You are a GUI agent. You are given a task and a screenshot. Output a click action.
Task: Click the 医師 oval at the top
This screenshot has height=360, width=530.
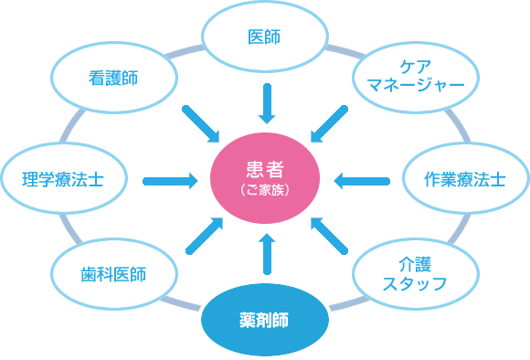[x=264, y=37]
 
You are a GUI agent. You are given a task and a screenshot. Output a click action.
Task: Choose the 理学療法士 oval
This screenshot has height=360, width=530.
[x=62, y=179]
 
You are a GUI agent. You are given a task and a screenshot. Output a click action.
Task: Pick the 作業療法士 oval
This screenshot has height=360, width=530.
[x=465, y=179]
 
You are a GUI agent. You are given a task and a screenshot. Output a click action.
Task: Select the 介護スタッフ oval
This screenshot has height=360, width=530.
[x=415, y=272]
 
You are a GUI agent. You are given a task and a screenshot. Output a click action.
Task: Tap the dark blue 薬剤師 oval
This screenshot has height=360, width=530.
[x=264, y=321]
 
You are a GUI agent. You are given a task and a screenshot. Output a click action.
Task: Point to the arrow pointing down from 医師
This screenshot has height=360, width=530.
[x=266, y=103]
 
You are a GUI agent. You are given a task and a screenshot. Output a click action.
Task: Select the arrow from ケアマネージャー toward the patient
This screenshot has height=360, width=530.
[x=328, y=122]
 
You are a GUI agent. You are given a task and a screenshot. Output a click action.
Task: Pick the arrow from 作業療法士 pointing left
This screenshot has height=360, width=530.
[x=361, y=180]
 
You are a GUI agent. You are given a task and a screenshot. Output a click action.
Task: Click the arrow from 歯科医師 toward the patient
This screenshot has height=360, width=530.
[x=204, y=235]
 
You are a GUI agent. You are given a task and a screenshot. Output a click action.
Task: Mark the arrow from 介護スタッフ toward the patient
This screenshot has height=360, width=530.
[x=328, y=235]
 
